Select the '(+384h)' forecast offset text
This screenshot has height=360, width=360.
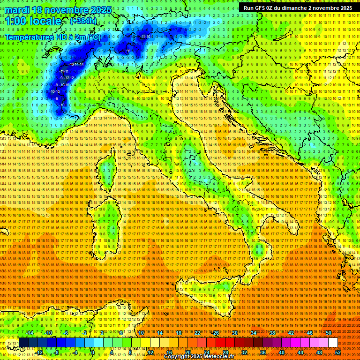tap(83, 21)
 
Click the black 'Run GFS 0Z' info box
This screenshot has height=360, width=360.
tap(298, 8)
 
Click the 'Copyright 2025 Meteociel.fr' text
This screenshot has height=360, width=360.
tap(202, 357)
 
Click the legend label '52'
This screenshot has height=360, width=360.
tap(338, 352)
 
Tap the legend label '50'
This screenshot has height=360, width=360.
tap(329, 333)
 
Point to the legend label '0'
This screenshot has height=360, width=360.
tap(93, 352)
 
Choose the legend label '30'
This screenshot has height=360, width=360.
tap(235, 333)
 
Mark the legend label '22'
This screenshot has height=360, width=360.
tap(197, 333)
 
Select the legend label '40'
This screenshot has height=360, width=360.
tap(282, 352)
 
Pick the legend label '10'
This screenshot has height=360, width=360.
tap(141, 333)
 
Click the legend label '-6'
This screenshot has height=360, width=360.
tap(66, 333)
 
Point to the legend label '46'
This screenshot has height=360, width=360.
tap(310, 333)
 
